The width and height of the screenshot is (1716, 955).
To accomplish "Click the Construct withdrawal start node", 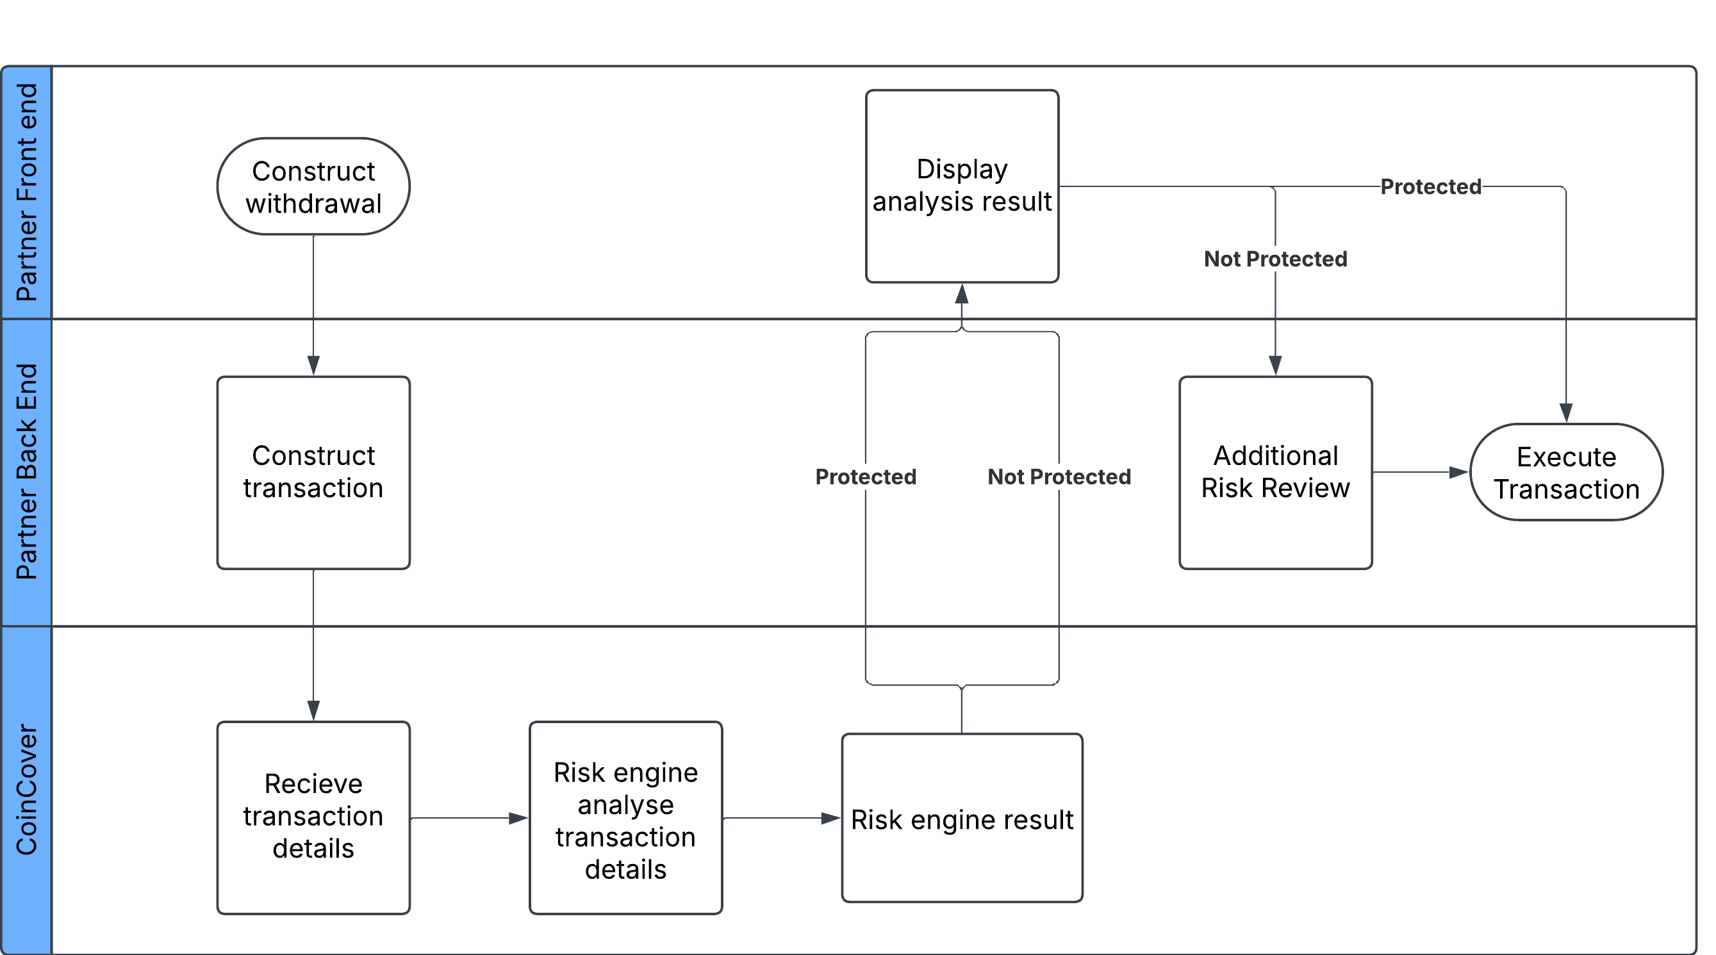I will [313, 186].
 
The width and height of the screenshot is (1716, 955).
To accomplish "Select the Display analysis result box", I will [961, 186].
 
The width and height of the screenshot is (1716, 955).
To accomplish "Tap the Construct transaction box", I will [313, 472].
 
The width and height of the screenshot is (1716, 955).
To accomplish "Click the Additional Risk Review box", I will [1275, 472].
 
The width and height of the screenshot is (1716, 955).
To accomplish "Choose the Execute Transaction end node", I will [1565, 472].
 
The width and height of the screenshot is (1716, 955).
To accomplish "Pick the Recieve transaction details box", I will [313, 817].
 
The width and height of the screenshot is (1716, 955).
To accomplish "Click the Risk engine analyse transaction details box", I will [625, 817].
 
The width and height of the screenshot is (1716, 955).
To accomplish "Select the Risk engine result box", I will [961, 818].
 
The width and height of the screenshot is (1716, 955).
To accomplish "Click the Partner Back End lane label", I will [27, 471].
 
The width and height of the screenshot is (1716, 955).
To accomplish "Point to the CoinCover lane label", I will [27, 790].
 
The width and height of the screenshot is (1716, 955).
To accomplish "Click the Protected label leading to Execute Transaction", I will [1430, 186].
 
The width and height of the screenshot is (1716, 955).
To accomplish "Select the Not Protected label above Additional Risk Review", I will [1275, 258].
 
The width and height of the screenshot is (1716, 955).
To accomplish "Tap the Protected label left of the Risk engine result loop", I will [865, 476].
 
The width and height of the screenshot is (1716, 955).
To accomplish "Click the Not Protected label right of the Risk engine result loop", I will [1059, 476].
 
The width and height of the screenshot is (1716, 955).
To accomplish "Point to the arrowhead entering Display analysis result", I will [961, 295].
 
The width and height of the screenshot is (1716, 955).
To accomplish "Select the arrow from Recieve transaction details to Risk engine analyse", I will [469, 818].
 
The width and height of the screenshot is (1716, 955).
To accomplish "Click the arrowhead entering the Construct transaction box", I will [313, 365].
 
